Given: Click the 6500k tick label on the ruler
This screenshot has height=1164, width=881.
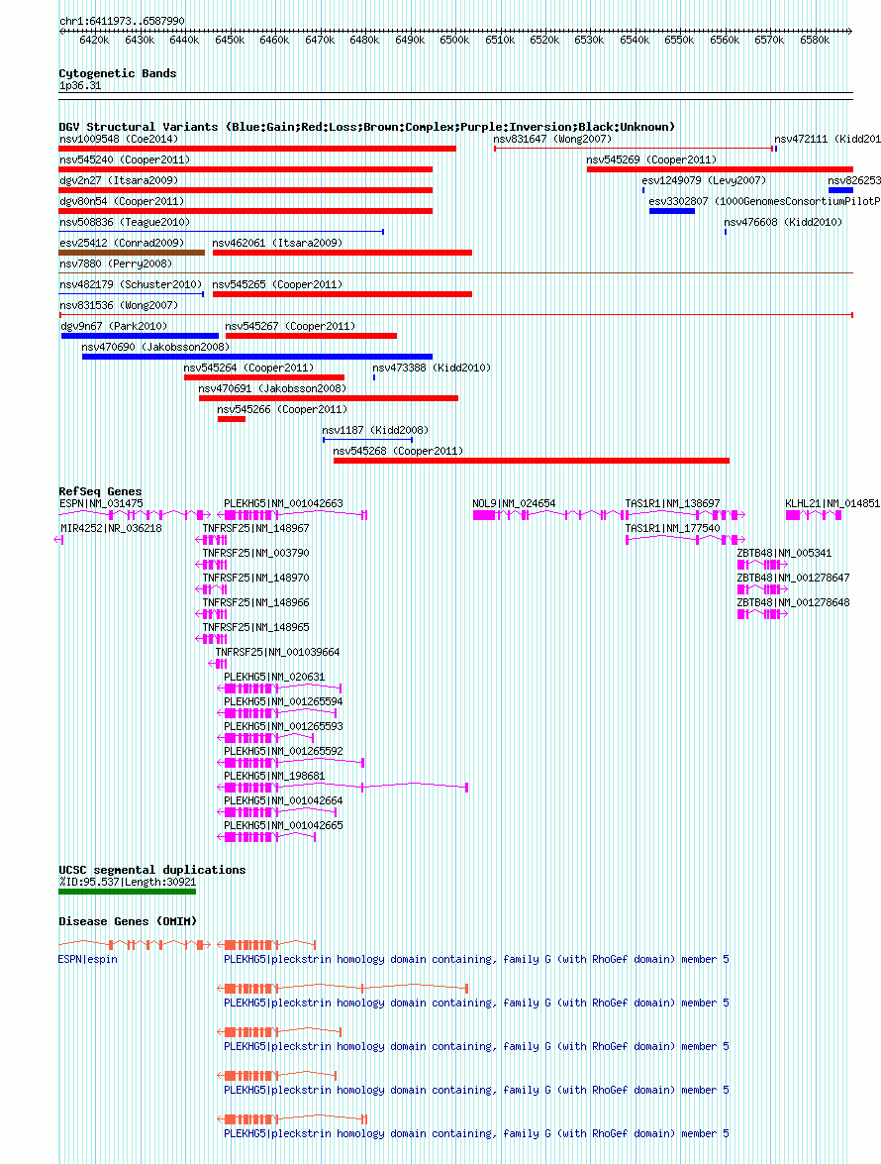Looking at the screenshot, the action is pyautogui.click(x=453, y=40).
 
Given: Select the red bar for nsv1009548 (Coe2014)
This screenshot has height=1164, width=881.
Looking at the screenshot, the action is pyautogui.click(x=257, y=149).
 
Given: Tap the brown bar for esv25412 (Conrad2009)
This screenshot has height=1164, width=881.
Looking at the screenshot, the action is pyautogui.click(x=132, y=253).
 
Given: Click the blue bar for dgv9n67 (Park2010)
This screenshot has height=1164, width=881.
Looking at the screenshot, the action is pyautogui.click(x=141, y=336).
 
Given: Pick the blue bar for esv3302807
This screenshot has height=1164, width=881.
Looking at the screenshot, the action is pyautogui.click(x=672, y=211).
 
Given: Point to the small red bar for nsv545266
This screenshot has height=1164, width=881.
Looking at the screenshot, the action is pyautogui.click(x=232, y=419).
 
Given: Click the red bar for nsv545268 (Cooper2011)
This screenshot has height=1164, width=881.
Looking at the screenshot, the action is pyautogui.click(x=532, y=461).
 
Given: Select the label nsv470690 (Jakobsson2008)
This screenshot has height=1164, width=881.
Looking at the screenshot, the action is pyautogui.click(x=155, y=347).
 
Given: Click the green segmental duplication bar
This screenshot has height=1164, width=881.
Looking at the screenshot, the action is pyautogui.click(x=128, y=891).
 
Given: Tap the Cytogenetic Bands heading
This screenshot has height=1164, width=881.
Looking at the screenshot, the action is pyautogui.click(x=118, y=73).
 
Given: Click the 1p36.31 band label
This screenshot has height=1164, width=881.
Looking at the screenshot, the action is pyautogui.click(x=80, y=85).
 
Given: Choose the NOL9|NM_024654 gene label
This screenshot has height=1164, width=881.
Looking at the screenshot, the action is pyautogui.click(x=514, y=503).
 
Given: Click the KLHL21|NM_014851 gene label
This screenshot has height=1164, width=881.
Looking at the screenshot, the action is pyautogui.click(x=832, y=503).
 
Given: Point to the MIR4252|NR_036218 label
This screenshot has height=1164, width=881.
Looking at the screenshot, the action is pyautogui.click(x=111, y=529).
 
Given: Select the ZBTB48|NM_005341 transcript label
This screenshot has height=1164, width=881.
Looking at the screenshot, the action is pyautogui.click(x=785, y=553).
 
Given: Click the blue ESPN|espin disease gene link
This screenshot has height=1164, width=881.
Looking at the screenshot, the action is pyautogui.click(x=87, y=959).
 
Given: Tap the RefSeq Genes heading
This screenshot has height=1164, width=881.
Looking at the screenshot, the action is pyautogui.click(x=100, y=491).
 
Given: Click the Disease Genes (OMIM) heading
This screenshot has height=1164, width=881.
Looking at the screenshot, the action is pyautogui.click(x=129, y=921).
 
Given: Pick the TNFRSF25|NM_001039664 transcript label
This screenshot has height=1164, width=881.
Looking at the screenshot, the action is pyautogui.click(x=277, y=652).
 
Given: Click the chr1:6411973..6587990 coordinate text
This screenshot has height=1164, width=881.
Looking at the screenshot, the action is pyautogui.click(x=123, y=21).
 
